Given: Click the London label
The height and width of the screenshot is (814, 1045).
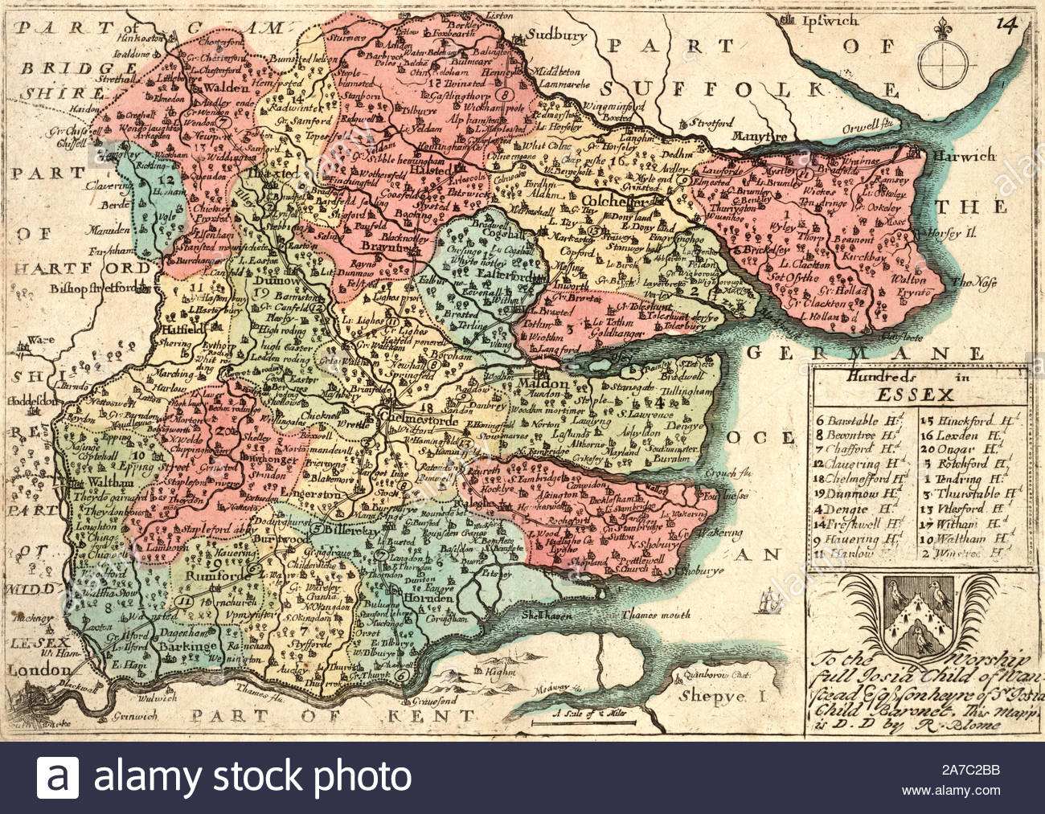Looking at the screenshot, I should pyautogui.click(x=27, y=669).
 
